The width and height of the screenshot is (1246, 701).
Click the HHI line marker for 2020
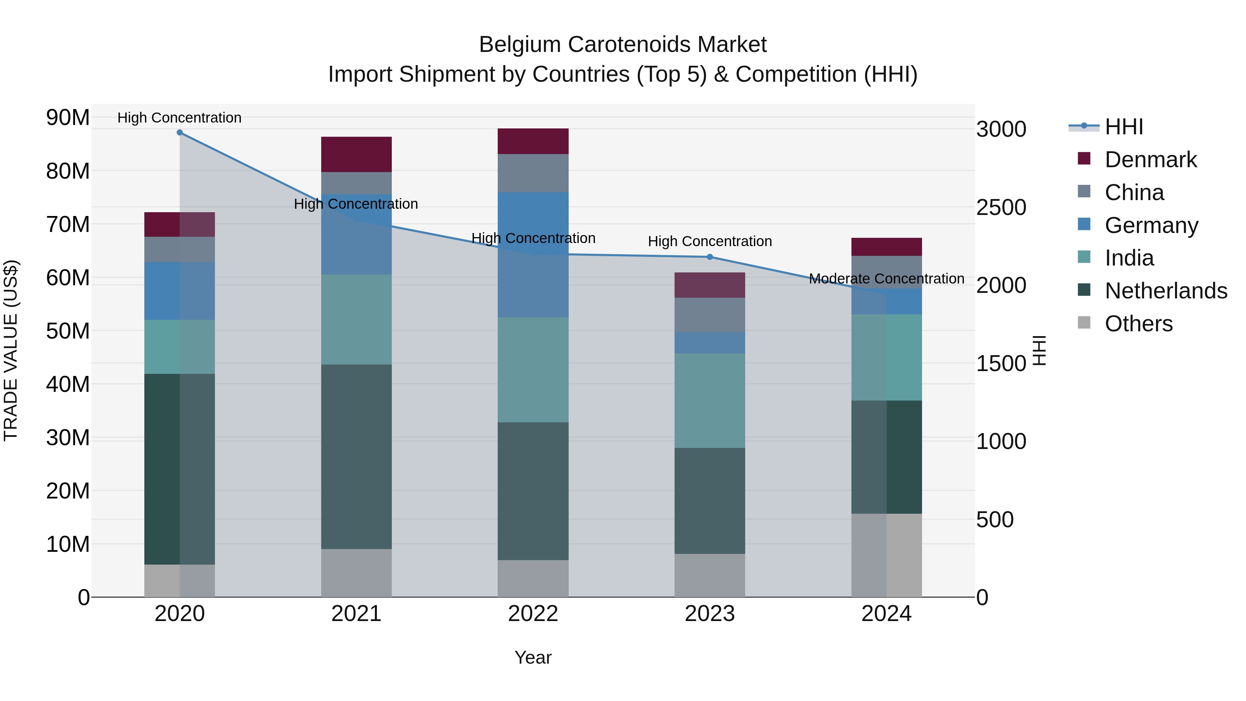[x=179, y=133]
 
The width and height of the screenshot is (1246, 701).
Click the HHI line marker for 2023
[x=710, y=257]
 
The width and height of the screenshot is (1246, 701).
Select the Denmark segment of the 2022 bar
[x=533, y=141]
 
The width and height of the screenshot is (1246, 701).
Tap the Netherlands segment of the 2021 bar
[x=356, y=456]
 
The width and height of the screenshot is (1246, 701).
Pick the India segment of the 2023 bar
[x=710, y=400]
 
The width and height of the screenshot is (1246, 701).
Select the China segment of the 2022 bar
[x=533, y=173]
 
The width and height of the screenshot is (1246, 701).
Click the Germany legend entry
[x=1151, y=225]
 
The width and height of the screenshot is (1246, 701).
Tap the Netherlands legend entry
[x=1166, y=291]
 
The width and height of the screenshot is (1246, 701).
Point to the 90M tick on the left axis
[x=68, y=118]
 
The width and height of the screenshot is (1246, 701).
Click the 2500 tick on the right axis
[x=1001, y=208]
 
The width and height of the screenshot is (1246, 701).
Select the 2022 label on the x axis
[x=533, y=614]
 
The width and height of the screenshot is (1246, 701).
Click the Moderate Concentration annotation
[x=886, y=279]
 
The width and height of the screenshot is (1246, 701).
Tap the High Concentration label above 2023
[x=710, y=241]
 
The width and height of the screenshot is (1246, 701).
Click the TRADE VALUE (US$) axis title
[x=11, y=350]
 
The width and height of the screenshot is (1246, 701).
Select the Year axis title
[x=533, y=657]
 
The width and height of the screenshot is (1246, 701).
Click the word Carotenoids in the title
[x=624, y=45]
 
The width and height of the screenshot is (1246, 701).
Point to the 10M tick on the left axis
[x=68, y=544]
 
